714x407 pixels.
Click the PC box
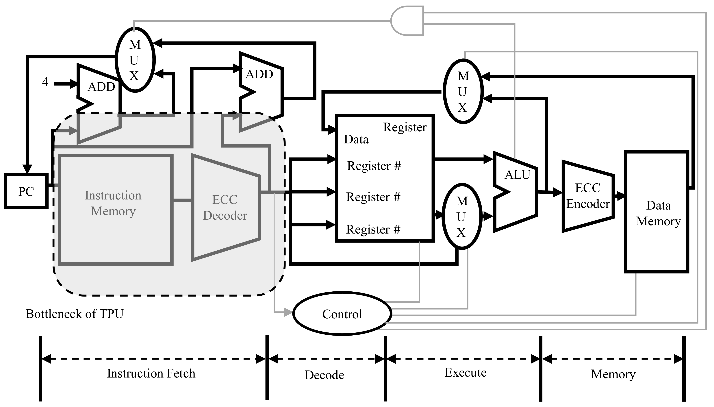tap(26, 191)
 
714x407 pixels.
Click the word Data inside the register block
tap(356, 139)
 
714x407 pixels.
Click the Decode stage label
tap(324, 375)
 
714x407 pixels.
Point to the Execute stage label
tap(465, 373)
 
